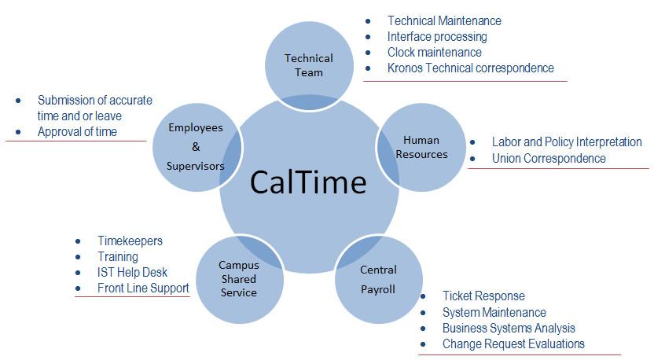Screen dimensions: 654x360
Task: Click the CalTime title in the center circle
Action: click(308, 182)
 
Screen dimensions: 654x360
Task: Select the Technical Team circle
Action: click(309, 65)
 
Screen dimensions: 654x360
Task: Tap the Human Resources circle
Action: click(421, 147)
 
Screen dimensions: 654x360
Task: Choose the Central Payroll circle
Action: click(378, 280)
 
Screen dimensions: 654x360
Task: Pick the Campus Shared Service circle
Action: click(240, 280)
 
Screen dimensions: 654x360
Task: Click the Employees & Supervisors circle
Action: click(196, 147)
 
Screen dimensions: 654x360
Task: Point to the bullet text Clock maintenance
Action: click(434, 52)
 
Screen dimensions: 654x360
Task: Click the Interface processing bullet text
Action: click(437, 37)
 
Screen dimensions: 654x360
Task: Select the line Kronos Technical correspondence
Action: click(471, 68)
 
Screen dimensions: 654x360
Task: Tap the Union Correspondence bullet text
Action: click(549, 159)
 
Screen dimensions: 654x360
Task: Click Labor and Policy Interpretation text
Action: click(567, 141)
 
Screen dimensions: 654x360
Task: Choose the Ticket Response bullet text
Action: click(484, 296)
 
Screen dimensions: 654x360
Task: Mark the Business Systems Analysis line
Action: click(509, 329)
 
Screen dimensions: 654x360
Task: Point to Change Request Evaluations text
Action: click(513, 344)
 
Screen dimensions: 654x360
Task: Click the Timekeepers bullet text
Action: click(130, 241)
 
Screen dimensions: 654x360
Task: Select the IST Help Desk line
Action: click(132, 273)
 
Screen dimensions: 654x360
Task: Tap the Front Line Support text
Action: click(143, 288)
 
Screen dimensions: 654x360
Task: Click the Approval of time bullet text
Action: click(77, 132)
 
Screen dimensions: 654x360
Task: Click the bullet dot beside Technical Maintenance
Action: click(368, 21)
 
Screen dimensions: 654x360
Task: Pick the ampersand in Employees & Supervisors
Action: click(196, 147)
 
